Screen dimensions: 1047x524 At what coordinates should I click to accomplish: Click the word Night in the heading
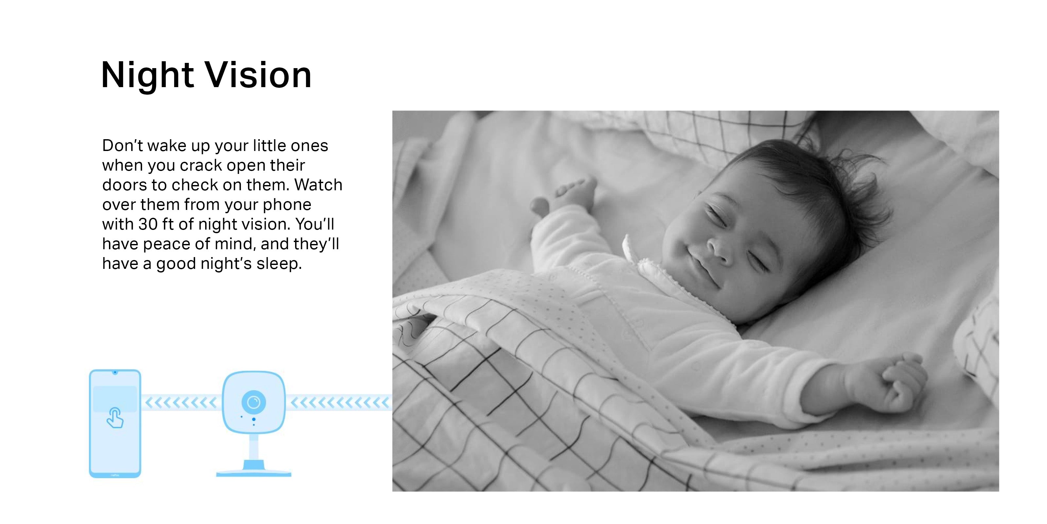[x=147, y=76]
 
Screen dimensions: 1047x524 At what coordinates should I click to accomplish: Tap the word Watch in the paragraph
[x=319, y=185]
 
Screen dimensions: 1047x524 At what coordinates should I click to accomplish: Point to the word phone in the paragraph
[x=287, y=205]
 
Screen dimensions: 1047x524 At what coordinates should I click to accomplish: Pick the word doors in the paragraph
[x=124, y=185]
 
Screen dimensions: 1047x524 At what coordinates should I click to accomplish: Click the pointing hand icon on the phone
[x=115, y=418]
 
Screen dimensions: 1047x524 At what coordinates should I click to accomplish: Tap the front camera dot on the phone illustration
[x=115, y=372]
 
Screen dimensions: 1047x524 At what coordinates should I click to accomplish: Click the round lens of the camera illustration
[x=254, y=402]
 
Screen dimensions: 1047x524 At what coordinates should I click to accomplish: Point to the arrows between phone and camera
[x=181, y=403]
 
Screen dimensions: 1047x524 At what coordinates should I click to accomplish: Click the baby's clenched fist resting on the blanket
[x=900, y=383]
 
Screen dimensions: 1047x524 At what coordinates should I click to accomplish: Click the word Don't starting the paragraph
[x=124, y=146]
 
